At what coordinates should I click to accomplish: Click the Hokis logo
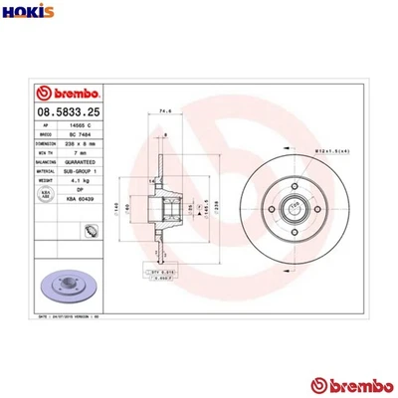tap(25, 14)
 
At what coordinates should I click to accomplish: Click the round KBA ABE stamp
tap(45, 197)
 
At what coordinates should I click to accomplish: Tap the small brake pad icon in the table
tap(90, 232)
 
